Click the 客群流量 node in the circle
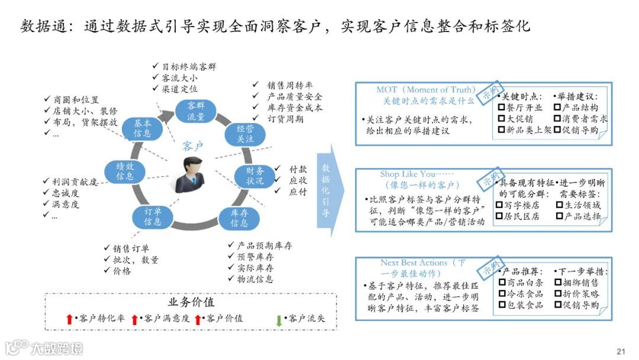tap(196, 111)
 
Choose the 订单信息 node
tap(153, 216)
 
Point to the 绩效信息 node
tap(125, 171)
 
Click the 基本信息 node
tap(142, 128)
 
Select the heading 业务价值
tap(191, 303)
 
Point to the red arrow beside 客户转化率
tap(70, 320)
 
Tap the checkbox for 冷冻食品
tap(502, 294)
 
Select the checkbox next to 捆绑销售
tap(557, 282)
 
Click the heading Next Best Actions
tap(414, 263)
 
